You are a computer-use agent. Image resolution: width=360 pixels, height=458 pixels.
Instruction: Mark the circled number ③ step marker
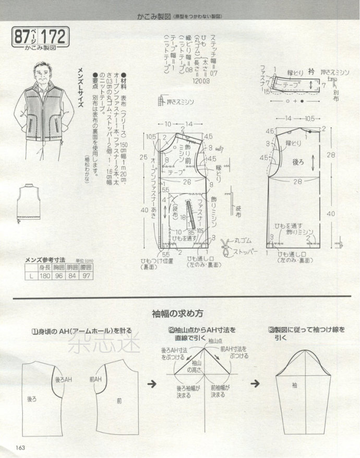[x=271, y=330]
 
